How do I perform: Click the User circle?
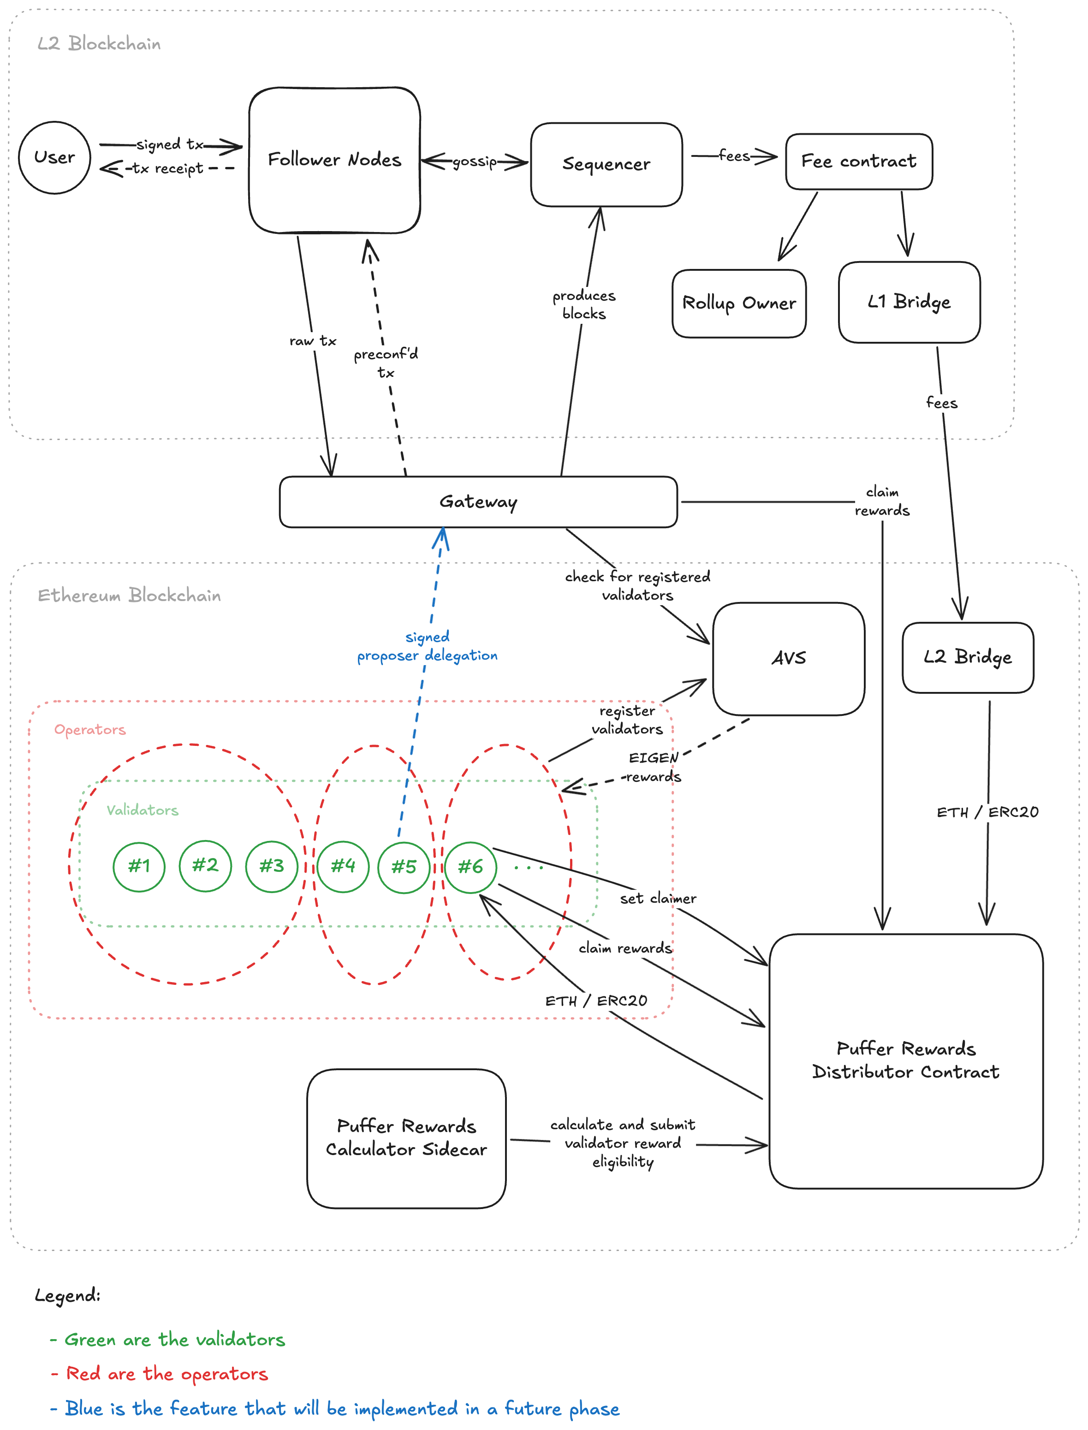(54, 157)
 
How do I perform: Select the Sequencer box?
(606, 165)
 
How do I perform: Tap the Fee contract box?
(859, 161)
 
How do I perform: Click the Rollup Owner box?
(739, 303)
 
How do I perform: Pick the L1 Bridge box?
(909, 302)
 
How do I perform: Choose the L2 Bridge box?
(968, 657)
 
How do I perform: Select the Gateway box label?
(478, 502)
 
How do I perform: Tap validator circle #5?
(404, 867)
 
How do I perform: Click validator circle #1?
(138, 867)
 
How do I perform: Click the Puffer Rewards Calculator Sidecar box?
(406, 1138)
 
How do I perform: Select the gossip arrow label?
(475, 161)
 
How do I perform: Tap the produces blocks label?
(583, 304)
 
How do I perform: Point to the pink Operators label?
(90, 730)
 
